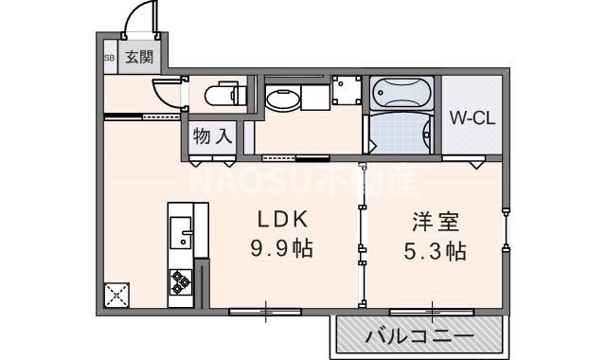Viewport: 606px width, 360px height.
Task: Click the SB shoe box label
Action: click(109, 57)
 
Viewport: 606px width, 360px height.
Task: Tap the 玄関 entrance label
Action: click(139, 57)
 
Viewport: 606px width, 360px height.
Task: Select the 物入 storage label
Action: click(212, 135)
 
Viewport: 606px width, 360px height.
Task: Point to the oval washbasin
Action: click(284, 99)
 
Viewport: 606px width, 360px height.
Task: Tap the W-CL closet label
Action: click(471, 119)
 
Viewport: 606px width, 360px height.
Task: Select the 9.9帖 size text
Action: click(282, 250)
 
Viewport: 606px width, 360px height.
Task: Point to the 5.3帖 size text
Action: click(436, 252)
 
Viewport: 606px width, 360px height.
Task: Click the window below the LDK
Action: click(265, 310)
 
